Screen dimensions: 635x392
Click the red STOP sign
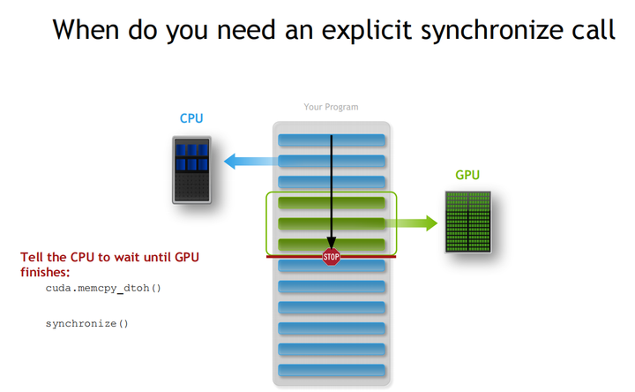(x=332, y=257)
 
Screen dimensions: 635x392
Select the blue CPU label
(x=191, y=118)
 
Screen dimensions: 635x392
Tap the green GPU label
(x=467, y=175)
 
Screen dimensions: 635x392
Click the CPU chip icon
(x=191, y=170)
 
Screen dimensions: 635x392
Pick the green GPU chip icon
(x=468, y=222)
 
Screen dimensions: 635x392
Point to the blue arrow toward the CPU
(x=251, y=162)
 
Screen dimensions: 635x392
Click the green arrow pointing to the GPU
(x=411, y=223)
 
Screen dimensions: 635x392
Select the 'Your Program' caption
(x=331, y=107)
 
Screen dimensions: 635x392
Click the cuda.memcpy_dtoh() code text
(x=103, y=288)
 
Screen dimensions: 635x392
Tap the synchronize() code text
(x=86, y=323)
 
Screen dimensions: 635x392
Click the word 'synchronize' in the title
(x=492, y=30)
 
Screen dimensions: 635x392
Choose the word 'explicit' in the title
(x=367, y=30)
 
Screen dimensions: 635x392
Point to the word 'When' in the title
(x=86, y=30)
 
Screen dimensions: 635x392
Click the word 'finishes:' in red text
(x=45, y=272)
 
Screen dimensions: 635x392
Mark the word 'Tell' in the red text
(x=32, y=258)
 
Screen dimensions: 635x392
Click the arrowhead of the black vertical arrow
(x=332, y=243)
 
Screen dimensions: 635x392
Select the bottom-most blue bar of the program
(x=332, y=370)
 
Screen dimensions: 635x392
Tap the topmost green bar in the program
(x=332, y=203)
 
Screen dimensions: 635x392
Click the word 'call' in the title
(x=594, y=30)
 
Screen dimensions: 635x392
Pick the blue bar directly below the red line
(x=332, y=266)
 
